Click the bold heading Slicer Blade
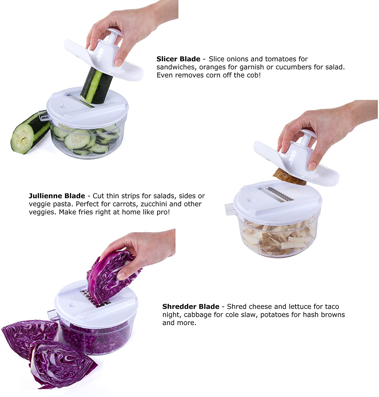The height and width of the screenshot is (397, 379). (178, 59)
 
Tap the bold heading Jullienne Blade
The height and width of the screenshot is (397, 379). (57, 196)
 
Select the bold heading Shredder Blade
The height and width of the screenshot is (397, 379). (191, 306)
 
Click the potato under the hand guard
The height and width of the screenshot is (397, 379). (289, 177)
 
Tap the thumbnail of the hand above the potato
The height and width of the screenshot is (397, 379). (312, 166)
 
